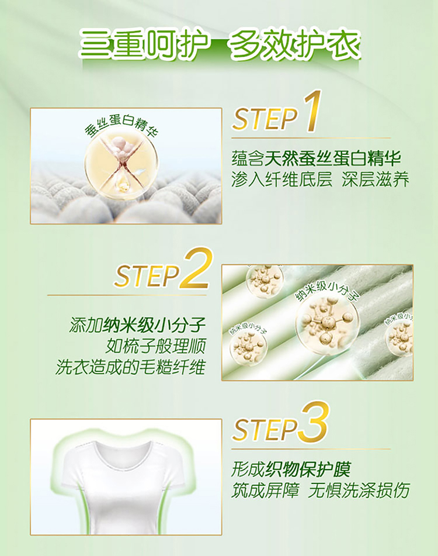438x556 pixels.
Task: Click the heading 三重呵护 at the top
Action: (x=144, y=45)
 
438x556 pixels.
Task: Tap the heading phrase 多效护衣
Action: (x=295, y=45)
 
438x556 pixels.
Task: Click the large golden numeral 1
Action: (x=312, y=111)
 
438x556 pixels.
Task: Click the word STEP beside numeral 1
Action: (x=266, y=119)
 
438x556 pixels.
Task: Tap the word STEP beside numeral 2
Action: (x=147, y=275)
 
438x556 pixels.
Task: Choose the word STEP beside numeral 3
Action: (x=265, y=429)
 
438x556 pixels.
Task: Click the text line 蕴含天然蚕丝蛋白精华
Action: (x=316, y=158)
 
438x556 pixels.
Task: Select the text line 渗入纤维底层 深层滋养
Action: (x=321, y=179)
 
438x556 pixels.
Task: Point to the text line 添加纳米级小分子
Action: (x=137, y=325)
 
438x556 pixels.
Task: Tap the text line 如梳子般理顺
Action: (x=155, y=346)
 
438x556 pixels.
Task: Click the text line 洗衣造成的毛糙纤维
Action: (x=130, y=367)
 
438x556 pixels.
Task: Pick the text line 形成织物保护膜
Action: (x=291, y=469)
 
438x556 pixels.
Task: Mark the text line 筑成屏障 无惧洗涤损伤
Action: (x=321, y=491)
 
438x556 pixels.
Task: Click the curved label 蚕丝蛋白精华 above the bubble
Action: (x=121, y=126)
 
